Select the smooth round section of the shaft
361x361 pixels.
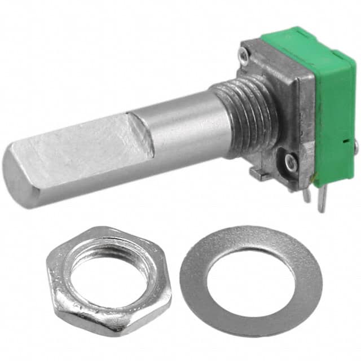coord(180,127)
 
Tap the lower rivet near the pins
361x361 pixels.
coord(290,162)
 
